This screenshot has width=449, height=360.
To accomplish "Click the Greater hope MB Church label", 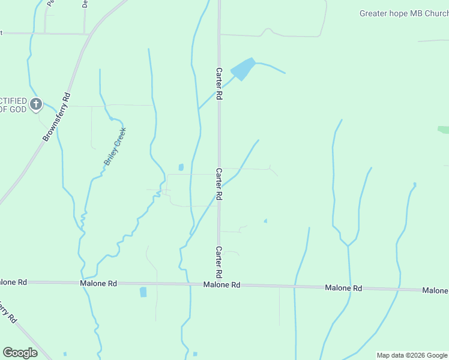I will pos(403,13).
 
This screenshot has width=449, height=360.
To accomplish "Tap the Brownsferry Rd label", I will pos(57,116).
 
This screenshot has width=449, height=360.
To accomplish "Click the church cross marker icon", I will pos(36,105).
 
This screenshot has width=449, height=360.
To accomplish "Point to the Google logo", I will pos(20,353).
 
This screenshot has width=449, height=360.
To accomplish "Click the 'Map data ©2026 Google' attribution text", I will pos(412,355).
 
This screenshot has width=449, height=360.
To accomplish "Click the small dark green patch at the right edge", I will pos(444,130).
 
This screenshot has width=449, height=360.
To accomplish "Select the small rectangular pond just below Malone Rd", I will pos(143,292).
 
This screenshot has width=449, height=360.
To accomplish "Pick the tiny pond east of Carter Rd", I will pos(265,221).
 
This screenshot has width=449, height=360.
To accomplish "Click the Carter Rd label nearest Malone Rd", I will pos(219,262).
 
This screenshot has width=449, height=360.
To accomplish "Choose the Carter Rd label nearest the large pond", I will pos(219,83).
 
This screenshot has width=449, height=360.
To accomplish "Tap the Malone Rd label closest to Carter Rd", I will pos(221,285).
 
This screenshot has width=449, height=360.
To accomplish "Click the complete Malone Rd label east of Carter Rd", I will pos(343,288).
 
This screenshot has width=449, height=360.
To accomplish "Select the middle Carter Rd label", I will pos(219,184).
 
